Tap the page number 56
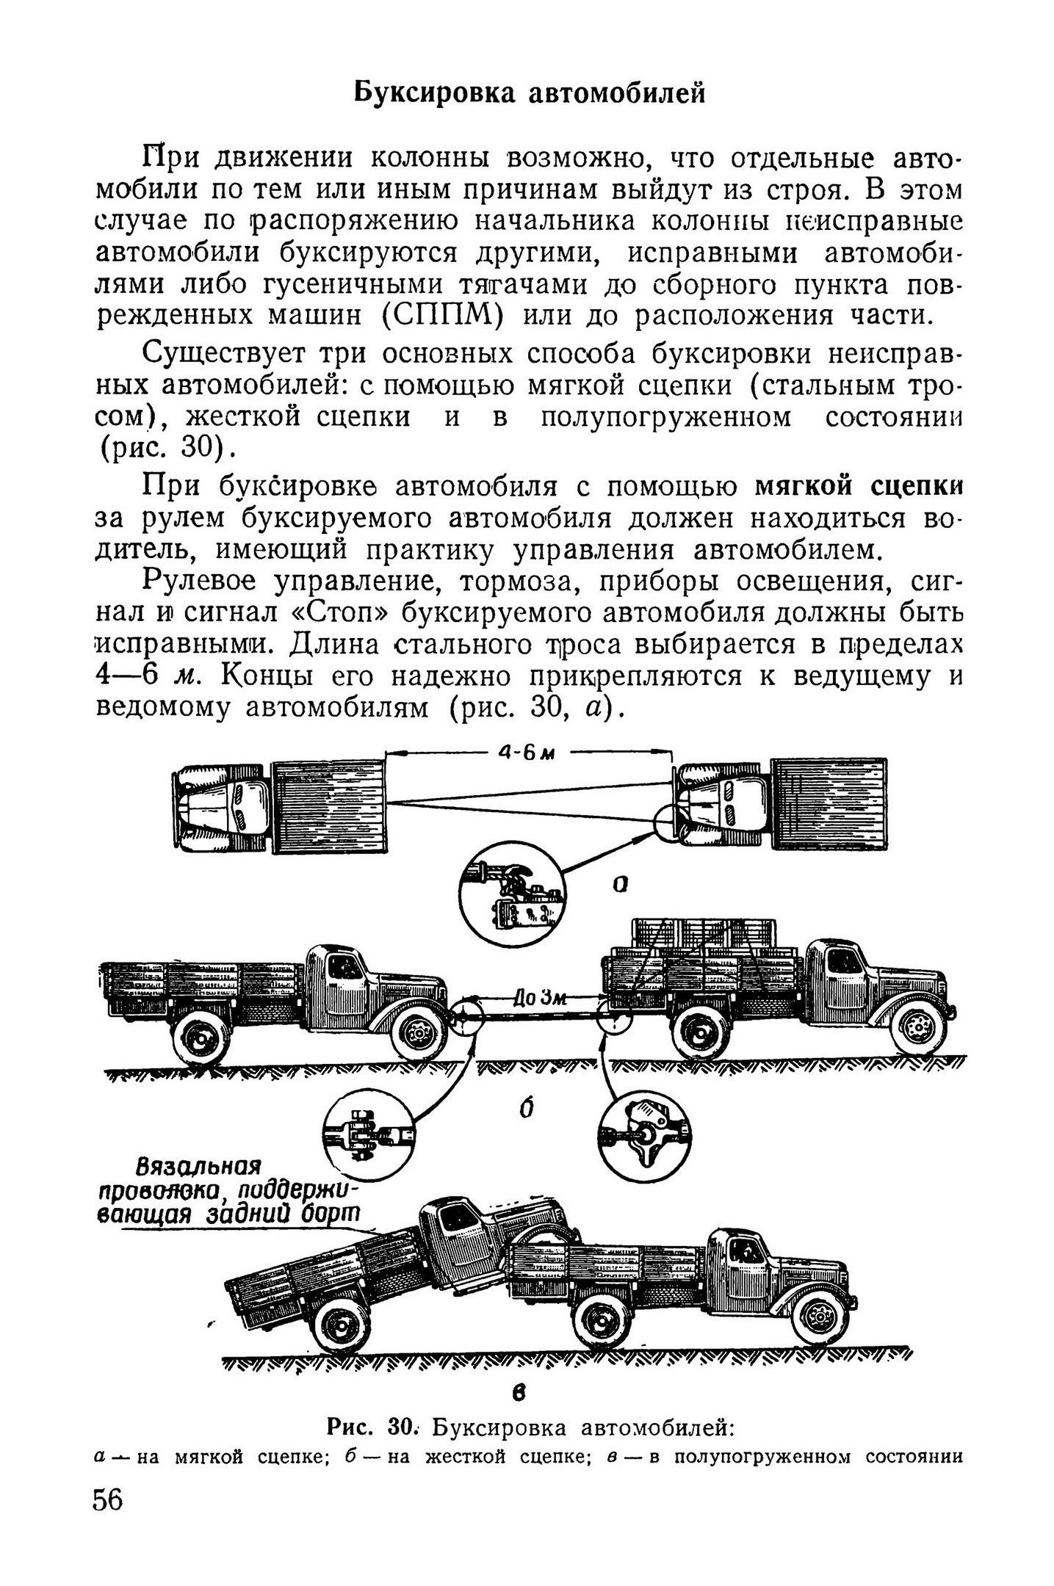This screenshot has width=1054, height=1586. click(109, 1499)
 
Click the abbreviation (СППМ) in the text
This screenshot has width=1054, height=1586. click(442, 316)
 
